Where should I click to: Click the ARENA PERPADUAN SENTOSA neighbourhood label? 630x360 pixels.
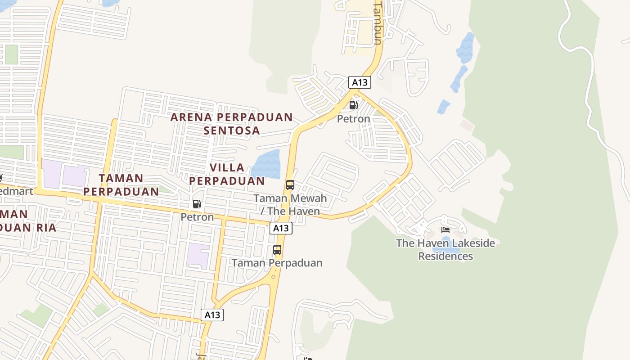[x=231, y=124]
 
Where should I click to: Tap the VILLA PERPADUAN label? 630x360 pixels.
[x=227, y=174]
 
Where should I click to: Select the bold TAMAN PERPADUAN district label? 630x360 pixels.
[x=121, y=184]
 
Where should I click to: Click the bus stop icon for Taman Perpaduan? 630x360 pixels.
[x=277, y=249]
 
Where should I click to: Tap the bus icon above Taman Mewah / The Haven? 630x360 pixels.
[x=290, y=184]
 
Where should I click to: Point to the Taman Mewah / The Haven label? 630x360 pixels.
[x=290, y=205]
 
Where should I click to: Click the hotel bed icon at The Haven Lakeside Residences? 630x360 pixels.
[x=445, y=229]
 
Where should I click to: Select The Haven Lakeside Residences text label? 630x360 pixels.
[x=445, y=250]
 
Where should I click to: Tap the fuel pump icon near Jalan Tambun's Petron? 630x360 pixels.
[x=354, y=106]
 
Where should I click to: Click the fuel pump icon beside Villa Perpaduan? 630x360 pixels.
[x=197, y=204]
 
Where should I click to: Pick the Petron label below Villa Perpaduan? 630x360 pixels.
[x=197, y=217]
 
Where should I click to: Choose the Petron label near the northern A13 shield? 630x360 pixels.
[x=354, y=119]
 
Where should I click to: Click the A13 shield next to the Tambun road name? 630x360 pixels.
[x=360, y=82]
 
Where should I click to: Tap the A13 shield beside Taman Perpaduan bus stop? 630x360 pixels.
[x=281, y=228]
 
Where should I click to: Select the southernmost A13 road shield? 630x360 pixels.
[x=212, y=315]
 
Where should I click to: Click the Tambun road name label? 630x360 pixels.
[x=378, y=22]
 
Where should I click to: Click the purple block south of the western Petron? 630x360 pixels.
[x=198, y=255]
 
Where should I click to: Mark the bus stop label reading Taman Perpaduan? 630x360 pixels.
[x=277, y=263]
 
